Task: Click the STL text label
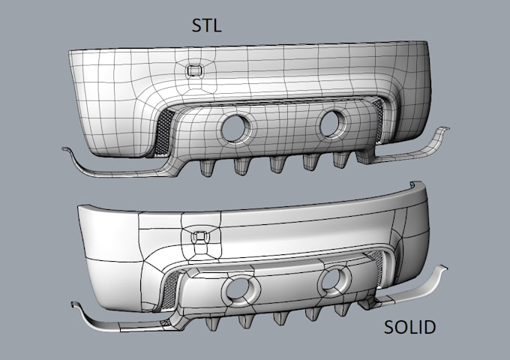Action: point(207,27)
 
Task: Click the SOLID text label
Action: point(409,328)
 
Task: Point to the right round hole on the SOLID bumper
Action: point(334,280)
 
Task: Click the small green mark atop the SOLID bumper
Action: point(412,182)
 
